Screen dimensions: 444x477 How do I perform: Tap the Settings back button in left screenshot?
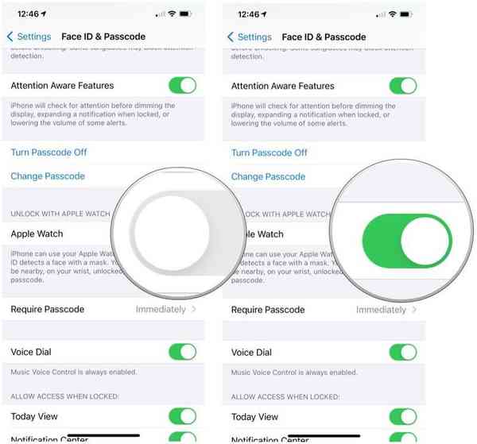(29, 37)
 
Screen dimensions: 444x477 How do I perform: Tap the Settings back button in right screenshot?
(250, 37)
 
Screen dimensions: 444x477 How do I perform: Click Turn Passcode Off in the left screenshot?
(48, 153)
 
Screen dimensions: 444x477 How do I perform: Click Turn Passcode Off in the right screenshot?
(269, 153)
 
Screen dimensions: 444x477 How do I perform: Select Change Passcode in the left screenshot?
(48, 176)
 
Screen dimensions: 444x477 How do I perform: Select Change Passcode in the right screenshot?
(268, 176)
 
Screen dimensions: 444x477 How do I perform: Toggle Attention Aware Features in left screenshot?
(182, 86)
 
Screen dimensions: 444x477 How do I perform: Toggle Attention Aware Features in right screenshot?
(402, 86)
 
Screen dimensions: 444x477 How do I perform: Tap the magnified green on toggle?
(406, 239)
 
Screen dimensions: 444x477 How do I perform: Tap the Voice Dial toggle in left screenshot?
(182, 352)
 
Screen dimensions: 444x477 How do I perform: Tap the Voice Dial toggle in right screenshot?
(402, 352)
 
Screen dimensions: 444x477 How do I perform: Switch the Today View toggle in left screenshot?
(182, 416)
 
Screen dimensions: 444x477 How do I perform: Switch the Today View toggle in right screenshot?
(402, 416)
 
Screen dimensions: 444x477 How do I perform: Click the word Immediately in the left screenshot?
(161, 310)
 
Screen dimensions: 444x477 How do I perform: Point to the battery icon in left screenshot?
(185, 14)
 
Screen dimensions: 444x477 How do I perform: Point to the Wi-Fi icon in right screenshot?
(392, 14)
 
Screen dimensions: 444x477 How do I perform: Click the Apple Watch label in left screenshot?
(37, 234)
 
